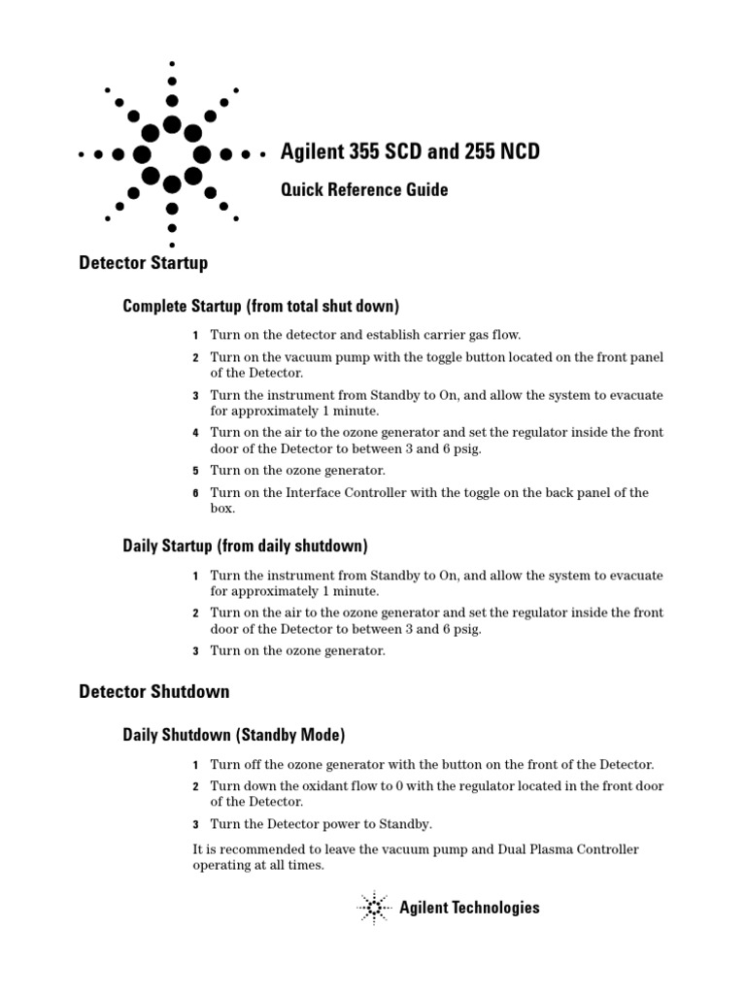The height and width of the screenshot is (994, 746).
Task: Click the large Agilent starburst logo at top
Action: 172,153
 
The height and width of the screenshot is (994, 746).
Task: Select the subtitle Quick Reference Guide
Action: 364,190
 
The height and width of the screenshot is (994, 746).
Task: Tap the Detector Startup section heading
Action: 143,263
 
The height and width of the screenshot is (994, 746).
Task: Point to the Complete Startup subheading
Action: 260,307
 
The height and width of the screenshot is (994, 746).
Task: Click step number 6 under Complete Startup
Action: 195,493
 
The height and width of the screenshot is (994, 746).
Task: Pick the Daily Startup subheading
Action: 245,547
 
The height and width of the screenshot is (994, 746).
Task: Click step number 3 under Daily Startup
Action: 195,651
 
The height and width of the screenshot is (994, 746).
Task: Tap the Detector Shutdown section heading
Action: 153,692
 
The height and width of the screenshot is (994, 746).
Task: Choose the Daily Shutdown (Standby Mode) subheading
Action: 233,735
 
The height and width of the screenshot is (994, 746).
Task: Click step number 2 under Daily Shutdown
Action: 195,786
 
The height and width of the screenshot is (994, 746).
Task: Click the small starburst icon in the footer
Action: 373,908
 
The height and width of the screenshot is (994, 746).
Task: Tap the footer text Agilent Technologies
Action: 469,909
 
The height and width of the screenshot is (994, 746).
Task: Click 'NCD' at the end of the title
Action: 519,152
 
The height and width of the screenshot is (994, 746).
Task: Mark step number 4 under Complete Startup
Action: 195,433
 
